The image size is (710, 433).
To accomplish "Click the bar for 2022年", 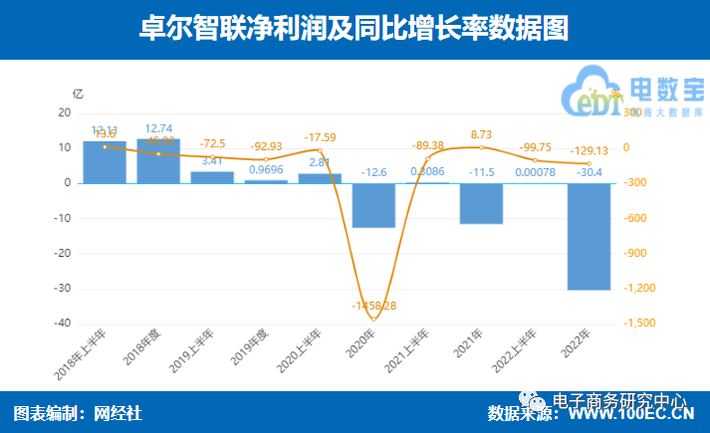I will (x=589, y=236).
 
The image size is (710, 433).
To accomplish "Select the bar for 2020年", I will (x=373, y=205).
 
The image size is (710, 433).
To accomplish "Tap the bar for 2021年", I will (x=481, y=203).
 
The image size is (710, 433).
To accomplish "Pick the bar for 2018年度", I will (x=158, y=160).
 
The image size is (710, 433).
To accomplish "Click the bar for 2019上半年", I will (x=212, y=177).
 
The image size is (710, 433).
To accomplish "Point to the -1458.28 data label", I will (x=373, y=306).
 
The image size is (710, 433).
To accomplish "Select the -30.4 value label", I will (x=589, y=171).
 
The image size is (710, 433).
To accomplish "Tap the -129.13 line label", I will (x=589, y=149).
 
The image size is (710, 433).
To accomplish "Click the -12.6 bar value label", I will (x=373, y=171).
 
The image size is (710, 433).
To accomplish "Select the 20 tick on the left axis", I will (x=64, y=112).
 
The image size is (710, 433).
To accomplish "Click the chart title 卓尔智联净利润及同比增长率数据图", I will (x=355, y=29).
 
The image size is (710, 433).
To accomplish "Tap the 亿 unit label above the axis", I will (x=78, y=93).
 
